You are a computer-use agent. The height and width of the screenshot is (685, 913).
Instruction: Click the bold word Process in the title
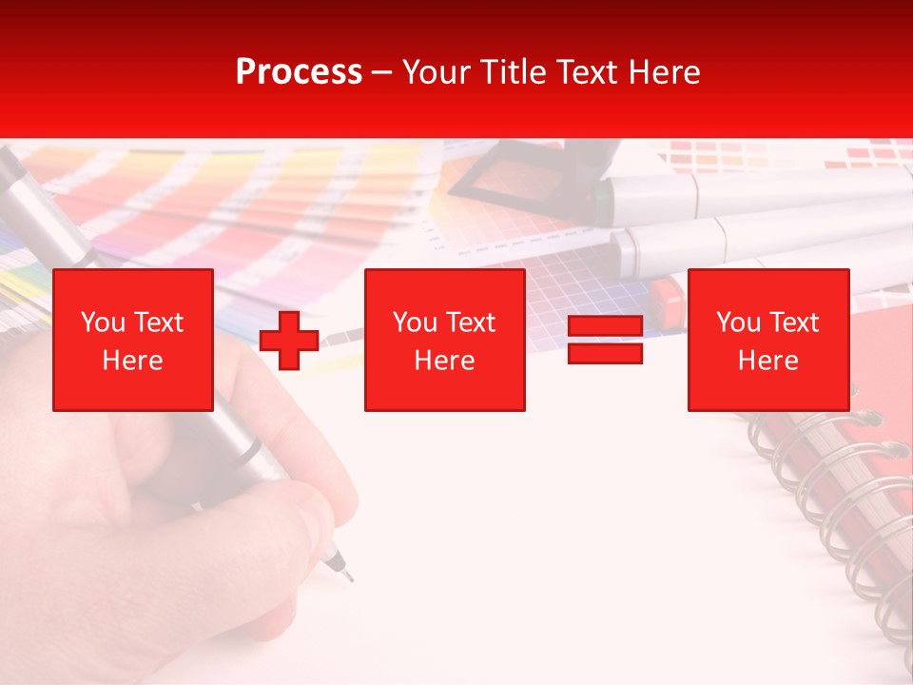(x=299, y=71)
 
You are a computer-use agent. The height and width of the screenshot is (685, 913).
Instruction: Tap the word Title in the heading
(x=511, y=71)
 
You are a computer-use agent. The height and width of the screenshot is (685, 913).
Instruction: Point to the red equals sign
(x=605, y=340)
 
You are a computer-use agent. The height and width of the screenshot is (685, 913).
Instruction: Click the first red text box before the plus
(x=132, y=340)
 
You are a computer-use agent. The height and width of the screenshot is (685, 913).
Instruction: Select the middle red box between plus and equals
(x=444, y=340)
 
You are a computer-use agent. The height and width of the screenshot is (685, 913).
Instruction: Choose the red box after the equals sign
(x=767, y=340)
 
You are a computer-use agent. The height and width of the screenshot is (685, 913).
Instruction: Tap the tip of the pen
(x=347, y=577)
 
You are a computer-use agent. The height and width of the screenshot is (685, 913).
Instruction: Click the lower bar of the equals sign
(x=605, y=353)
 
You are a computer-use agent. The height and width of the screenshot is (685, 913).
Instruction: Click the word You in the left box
(x=103, y=323)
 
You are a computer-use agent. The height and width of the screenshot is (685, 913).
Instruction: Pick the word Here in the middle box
(x=444, y=361)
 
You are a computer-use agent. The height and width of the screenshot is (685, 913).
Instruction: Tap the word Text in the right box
(x=794, y=323)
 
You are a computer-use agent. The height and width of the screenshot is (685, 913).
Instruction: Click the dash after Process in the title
(x=381, y=73)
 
